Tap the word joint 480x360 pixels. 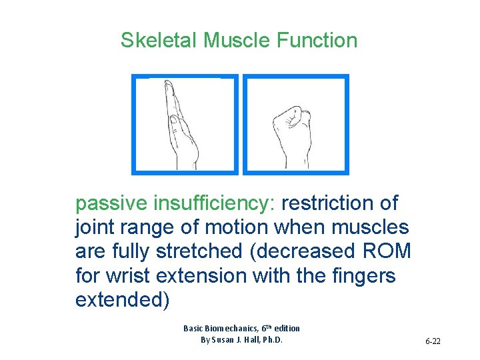point(97,227)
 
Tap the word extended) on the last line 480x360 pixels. point(123,300)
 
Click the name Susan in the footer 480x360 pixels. point(227,339)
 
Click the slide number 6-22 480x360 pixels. point(433,341)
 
